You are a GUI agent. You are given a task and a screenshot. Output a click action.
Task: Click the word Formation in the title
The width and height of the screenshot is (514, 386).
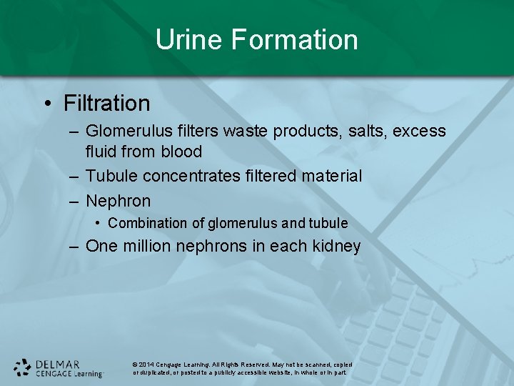point(294,39)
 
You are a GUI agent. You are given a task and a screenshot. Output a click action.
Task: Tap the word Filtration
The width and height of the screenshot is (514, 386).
point(107,104)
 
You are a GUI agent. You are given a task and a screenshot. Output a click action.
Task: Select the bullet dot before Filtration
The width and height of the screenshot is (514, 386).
point(47,104)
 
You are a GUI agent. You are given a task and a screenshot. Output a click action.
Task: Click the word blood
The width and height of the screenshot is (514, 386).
point(181,152)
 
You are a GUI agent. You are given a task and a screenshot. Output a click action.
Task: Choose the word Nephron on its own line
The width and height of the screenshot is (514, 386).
point(119,201)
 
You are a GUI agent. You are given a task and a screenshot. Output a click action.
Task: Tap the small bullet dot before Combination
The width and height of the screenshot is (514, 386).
point(99,223)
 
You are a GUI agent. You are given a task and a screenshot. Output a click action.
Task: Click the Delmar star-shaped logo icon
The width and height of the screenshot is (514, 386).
point(23,367)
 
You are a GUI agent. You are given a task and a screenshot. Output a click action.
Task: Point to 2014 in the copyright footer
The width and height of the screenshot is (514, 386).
point(147,365)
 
